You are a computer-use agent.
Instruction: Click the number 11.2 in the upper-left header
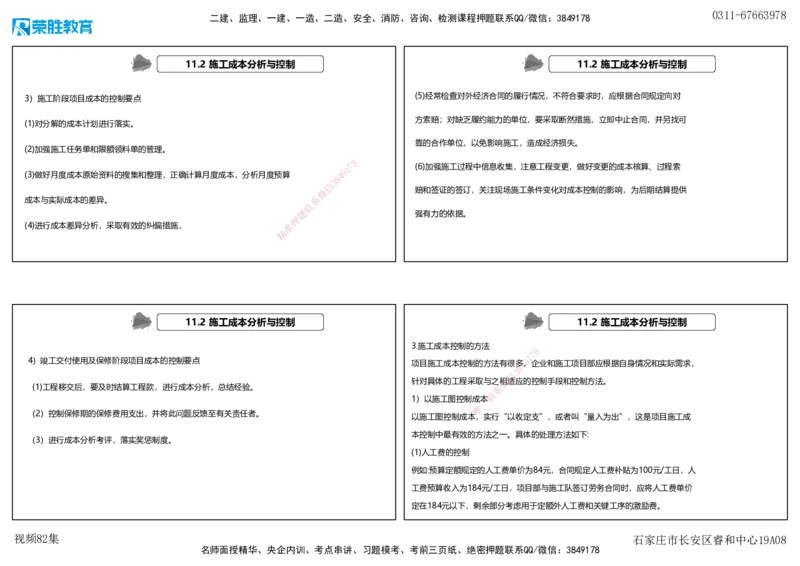195,64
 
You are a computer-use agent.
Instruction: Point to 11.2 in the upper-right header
587,64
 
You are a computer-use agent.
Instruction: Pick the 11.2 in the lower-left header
195,322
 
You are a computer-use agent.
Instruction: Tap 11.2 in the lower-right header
587,322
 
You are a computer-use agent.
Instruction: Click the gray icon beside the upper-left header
142,64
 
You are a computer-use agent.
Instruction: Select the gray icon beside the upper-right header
534,64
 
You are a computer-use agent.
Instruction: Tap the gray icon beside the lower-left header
142,322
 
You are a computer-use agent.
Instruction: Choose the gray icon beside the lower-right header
534,322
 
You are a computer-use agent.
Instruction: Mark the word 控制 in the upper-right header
677,64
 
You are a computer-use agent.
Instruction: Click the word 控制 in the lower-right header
677,322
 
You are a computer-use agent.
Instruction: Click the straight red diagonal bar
316,200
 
